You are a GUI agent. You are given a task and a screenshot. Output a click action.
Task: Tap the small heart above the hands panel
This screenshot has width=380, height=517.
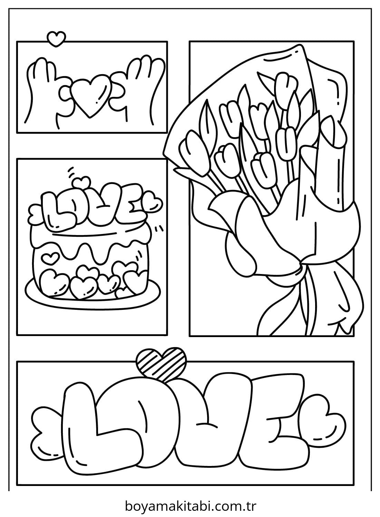pyautogui.click(x=56, y=38)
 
